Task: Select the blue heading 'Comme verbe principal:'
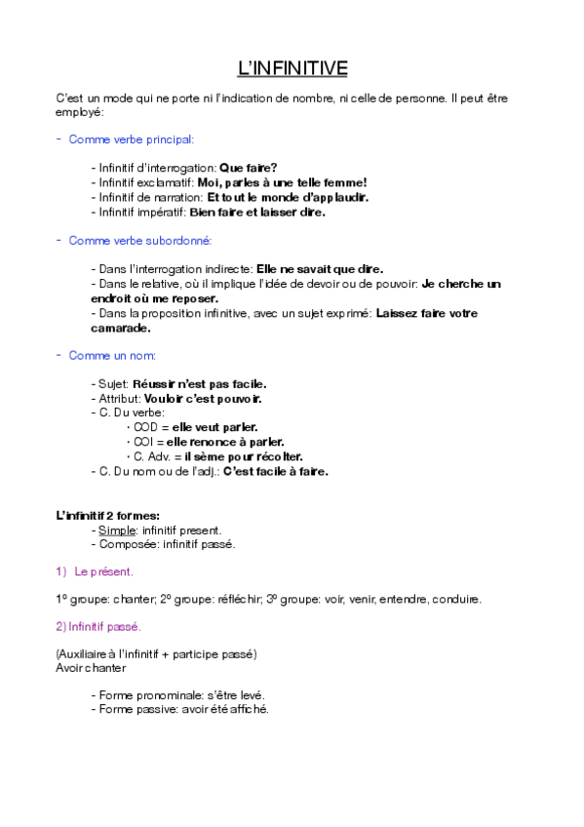131,139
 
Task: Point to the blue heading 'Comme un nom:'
112,355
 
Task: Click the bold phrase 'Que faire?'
249,168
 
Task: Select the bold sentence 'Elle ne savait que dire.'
319,269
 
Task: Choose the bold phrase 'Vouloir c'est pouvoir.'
203,399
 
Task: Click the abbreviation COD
145,427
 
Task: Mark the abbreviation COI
143,442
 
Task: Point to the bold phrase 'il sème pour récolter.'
244,456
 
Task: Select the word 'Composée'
125,544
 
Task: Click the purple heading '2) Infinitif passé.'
98,625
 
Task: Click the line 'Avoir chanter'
91,667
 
